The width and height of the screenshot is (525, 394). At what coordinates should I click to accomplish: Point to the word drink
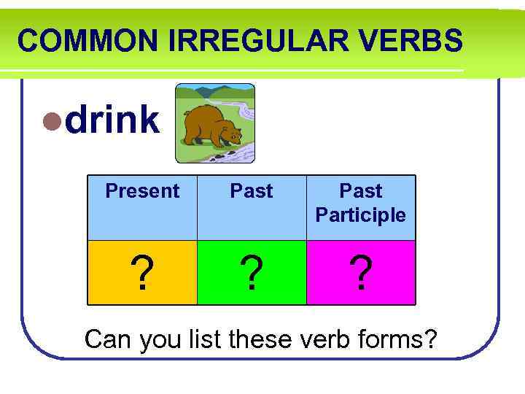coord(112,120)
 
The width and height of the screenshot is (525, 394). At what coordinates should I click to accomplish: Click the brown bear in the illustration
coord(208,127)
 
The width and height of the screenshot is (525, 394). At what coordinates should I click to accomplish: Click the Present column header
coord(142,191)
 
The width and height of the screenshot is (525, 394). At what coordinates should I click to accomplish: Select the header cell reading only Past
coord(252,191)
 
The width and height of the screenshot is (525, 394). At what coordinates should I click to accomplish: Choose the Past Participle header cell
coord(361,203)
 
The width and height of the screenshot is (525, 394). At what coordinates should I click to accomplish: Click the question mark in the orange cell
coord(142,274)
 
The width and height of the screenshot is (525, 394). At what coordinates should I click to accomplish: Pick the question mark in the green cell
coord(252,274)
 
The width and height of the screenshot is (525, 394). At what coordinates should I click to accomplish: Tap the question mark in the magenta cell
coord(361,274)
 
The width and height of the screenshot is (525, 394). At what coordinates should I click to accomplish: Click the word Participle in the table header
coord(361,215)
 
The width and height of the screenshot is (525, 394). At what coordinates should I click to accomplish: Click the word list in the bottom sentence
coord(204,339)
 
